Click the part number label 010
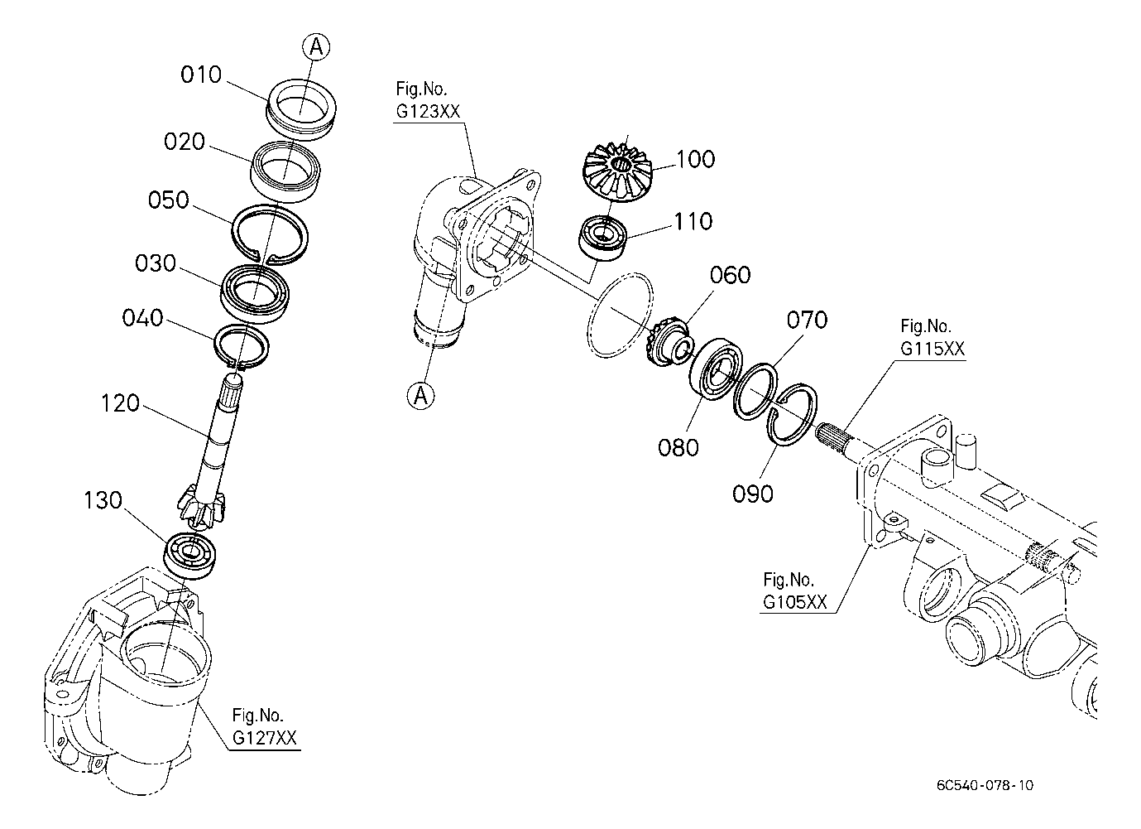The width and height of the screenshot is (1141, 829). (x=201, y=75)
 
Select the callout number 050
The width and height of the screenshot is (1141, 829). (x=169, y=200)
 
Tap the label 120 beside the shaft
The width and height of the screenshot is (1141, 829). (x=120, y=403)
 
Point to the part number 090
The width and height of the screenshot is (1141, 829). (x=753, y=494)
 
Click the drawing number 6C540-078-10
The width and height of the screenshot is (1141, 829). (x=985, y=785)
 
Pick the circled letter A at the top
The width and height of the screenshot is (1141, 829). (x=316, y=47)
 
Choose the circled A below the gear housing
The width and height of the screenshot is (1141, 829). (x=421, y=395)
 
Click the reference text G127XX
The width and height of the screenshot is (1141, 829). (x=265, y=738)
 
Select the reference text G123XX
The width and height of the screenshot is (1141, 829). (x=428, y=111)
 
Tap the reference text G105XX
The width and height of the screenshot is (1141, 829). (x=794, y=602)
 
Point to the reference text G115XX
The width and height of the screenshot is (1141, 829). (x=932, y=349)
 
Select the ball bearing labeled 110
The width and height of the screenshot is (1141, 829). (x=603, y=238)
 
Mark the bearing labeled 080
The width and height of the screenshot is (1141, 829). (x=715, y=368)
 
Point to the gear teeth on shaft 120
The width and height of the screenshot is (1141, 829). (x=201, y=504)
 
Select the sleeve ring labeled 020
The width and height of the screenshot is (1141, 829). (x=285, y=171)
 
